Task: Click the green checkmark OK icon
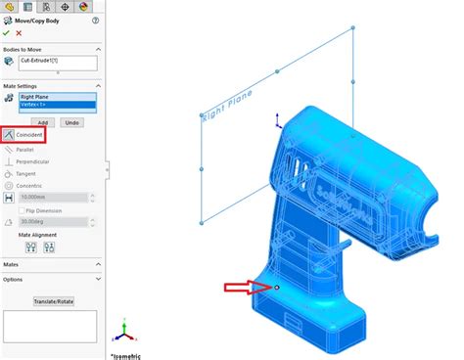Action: (8, 32)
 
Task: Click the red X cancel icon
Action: (20, 32)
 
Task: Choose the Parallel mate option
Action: (24, 150)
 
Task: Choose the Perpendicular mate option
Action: (31, 161)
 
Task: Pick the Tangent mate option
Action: (25, 174)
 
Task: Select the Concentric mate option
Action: (29, 186)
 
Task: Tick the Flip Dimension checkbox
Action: (22, 210)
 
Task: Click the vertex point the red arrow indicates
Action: (277, 288)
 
